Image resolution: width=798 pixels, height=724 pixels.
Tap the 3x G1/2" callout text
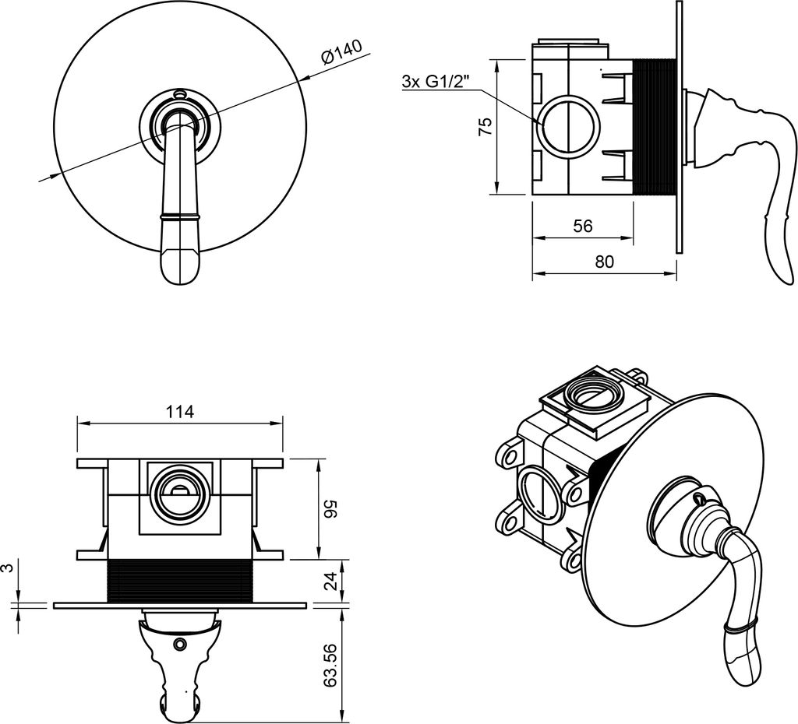click(436, 82)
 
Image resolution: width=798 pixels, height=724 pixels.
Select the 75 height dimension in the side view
click(484, 127)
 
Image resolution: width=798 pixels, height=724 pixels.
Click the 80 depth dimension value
click(604, 262)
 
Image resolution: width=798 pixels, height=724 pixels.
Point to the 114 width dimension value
click(180, 412)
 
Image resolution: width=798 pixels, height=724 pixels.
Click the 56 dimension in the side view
click(582, 226)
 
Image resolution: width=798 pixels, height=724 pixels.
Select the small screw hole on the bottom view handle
click(181, 644)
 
